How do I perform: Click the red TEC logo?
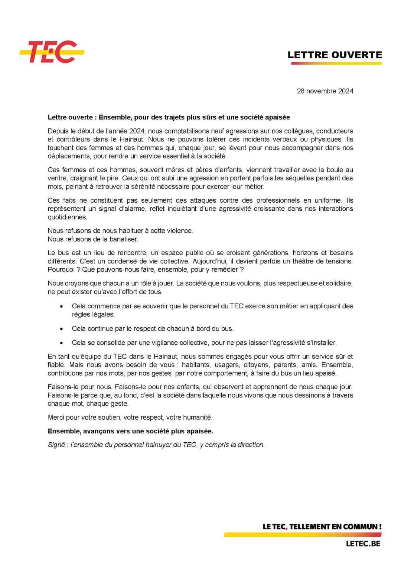(x=52, y=52)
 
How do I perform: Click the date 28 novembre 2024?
(x=325, y=91)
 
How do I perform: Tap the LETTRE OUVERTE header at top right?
(x=335, y=55)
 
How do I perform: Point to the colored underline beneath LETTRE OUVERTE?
(x=336, y=63)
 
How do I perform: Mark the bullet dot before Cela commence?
(x=62, y=307)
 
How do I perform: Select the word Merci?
(x=56, y=417)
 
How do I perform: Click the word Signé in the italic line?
(x=56, y=445)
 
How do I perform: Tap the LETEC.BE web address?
(x=363, y=544)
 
